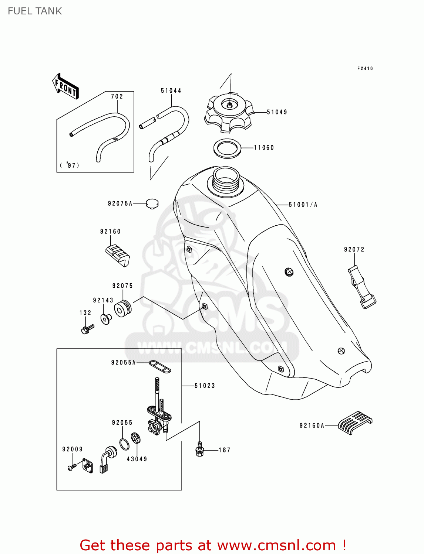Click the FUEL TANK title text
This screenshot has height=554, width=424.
point(35,11)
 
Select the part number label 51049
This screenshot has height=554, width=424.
point(277,112)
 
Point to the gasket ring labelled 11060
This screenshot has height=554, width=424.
point(228,148)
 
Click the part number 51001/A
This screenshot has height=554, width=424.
point(303,205)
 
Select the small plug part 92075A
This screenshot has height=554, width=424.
point(152,204)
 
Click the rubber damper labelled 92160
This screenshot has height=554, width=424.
point(118,255)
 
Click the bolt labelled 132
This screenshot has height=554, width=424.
point(87,328)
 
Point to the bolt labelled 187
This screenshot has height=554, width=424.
point(200,449)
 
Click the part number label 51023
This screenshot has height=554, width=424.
point(205,386)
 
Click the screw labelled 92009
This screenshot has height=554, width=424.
point(72,467)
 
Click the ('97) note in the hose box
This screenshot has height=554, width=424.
point(70,165)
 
